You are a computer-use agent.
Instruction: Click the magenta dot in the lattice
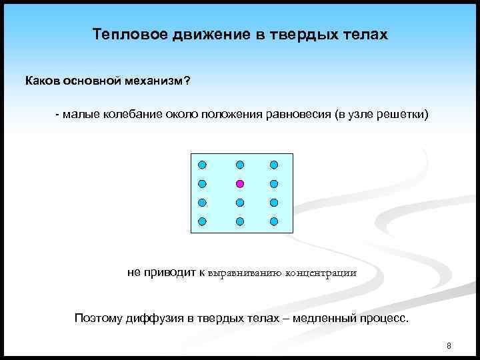240,183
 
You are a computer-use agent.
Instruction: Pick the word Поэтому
97,318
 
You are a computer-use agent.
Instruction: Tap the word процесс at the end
385,318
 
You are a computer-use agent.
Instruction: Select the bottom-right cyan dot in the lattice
273,220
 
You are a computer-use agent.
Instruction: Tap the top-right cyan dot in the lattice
273,164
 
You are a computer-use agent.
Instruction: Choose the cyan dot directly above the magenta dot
240,164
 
